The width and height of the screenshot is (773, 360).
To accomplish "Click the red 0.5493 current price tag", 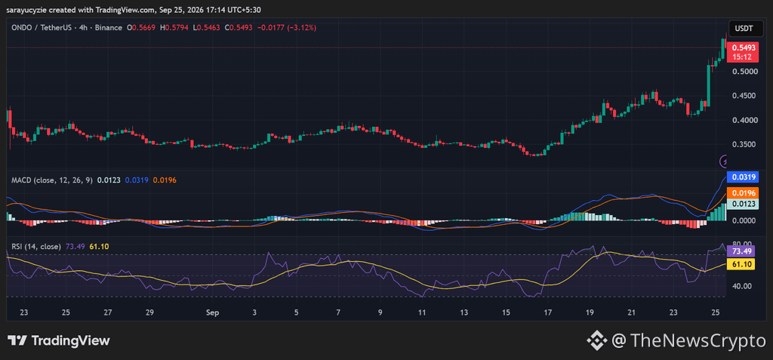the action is pos(744,52).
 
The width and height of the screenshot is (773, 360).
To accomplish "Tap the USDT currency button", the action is pos(744,29).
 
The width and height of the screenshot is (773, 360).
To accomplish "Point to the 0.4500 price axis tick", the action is pos(744,96).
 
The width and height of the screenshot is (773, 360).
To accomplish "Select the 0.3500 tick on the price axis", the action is pos(744,144).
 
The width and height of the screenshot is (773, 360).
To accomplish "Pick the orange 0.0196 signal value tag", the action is pos(742,192).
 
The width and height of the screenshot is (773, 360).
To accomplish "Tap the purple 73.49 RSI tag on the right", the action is pos(742,251).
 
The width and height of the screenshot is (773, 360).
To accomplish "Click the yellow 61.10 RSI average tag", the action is pos(742,264).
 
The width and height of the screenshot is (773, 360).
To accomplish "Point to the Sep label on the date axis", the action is pos(212,312).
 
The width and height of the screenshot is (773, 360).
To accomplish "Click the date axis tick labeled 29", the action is pos(150,312).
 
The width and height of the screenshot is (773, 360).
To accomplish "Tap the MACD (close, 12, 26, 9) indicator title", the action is pos(52,180).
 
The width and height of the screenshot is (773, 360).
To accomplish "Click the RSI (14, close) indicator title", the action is pos(36,246).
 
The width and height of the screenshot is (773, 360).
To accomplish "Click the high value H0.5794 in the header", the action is pos(176,28).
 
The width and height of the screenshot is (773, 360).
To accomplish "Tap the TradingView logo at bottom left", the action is pos(59,340).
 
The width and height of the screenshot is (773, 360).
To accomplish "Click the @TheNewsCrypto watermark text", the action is pos(688,340).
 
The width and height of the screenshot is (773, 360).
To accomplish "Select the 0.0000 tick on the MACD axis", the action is pos(744,220).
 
